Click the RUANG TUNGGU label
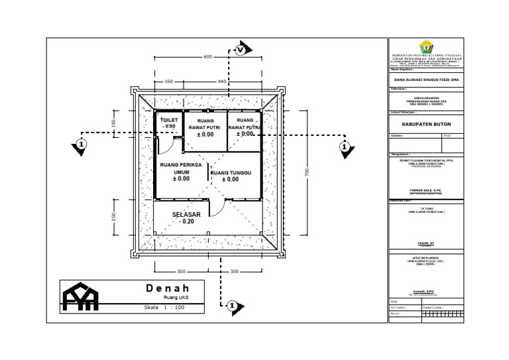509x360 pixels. [230, 173]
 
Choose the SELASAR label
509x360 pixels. [186, 215]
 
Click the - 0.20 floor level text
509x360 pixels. [186, 222]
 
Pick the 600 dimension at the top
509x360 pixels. [207, 57]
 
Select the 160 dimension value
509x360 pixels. [168, 82]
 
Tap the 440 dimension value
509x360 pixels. [222, 82]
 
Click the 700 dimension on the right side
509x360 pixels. [307, 172]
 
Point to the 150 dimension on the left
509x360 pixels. [114, 124]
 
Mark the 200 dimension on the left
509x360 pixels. [114, 217]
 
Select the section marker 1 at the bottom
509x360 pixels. [232, 306]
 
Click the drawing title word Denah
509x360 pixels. [168, 288]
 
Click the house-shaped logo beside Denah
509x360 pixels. [80, 296]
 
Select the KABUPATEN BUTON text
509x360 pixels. [425, 122]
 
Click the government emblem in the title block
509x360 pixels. [425, 47]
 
